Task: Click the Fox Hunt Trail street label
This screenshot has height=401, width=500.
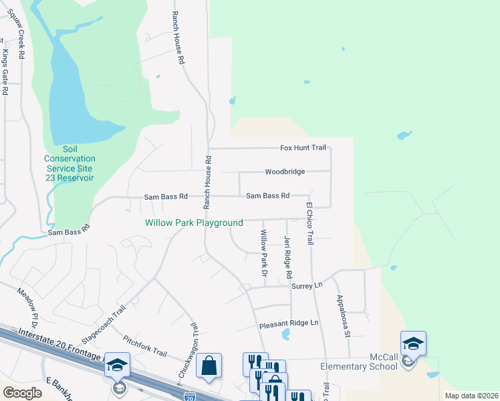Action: pos(302,148)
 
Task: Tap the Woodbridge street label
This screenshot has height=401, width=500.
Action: pos(285,172)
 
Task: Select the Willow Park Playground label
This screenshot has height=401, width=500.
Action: pos(194,223)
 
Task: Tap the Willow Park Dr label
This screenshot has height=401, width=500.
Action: pos(264,254)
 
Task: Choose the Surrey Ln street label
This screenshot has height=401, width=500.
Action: pos(307,285)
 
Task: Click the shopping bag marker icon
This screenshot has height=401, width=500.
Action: pos(209,366)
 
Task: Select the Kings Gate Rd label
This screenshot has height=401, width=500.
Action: pos(5,72)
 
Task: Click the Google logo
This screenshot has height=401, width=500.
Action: pos(23,393)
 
